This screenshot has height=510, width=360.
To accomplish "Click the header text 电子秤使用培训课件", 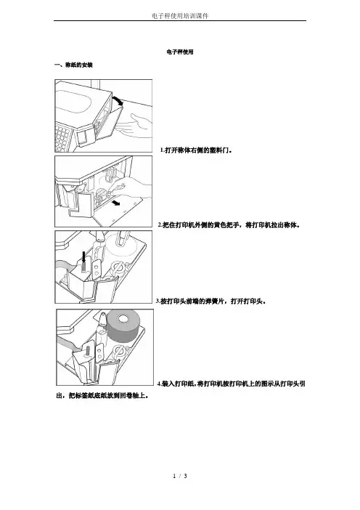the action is point(180,15).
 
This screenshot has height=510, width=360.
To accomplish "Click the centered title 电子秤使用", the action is point(180,52).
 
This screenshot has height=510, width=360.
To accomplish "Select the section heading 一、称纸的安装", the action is point(74,65).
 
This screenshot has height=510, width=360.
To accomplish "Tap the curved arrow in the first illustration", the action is point(118,100).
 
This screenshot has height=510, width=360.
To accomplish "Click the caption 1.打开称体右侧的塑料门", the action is point(197,150).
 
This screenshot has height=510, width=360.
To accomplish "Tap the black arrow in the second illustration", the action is point(115,203).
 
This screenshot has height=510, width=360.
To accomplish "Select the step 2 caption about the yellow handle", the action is point(229,224).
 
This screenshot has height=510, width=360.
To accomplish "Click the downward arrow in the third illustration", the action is point(84,258).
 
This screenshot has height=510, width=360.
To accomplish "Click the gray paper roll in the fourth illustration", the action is point(123,326).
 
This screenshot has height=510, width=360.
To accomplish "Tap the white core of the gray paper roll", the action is point(124,319).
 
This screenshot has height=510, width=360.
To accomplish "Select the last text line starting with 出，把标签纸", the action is point(102,396).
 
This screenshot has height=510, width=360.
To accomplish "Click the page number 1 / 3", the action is point(180,476).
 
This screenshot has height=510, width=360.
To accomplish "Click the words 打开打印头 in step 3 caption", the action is point(248,301).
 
